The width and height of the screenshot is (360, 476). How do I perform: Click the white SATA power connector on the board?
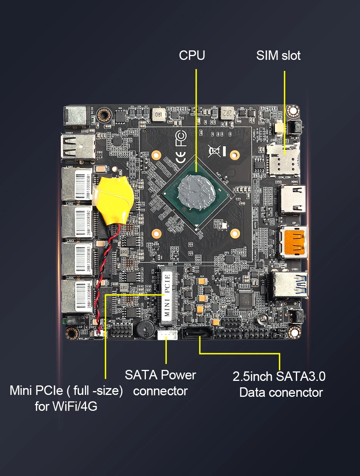167,335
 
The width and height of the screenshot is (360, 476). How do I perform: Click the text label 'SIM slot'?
278,56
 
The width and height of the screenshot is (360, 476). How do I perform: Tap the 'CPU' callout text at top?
192,56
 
